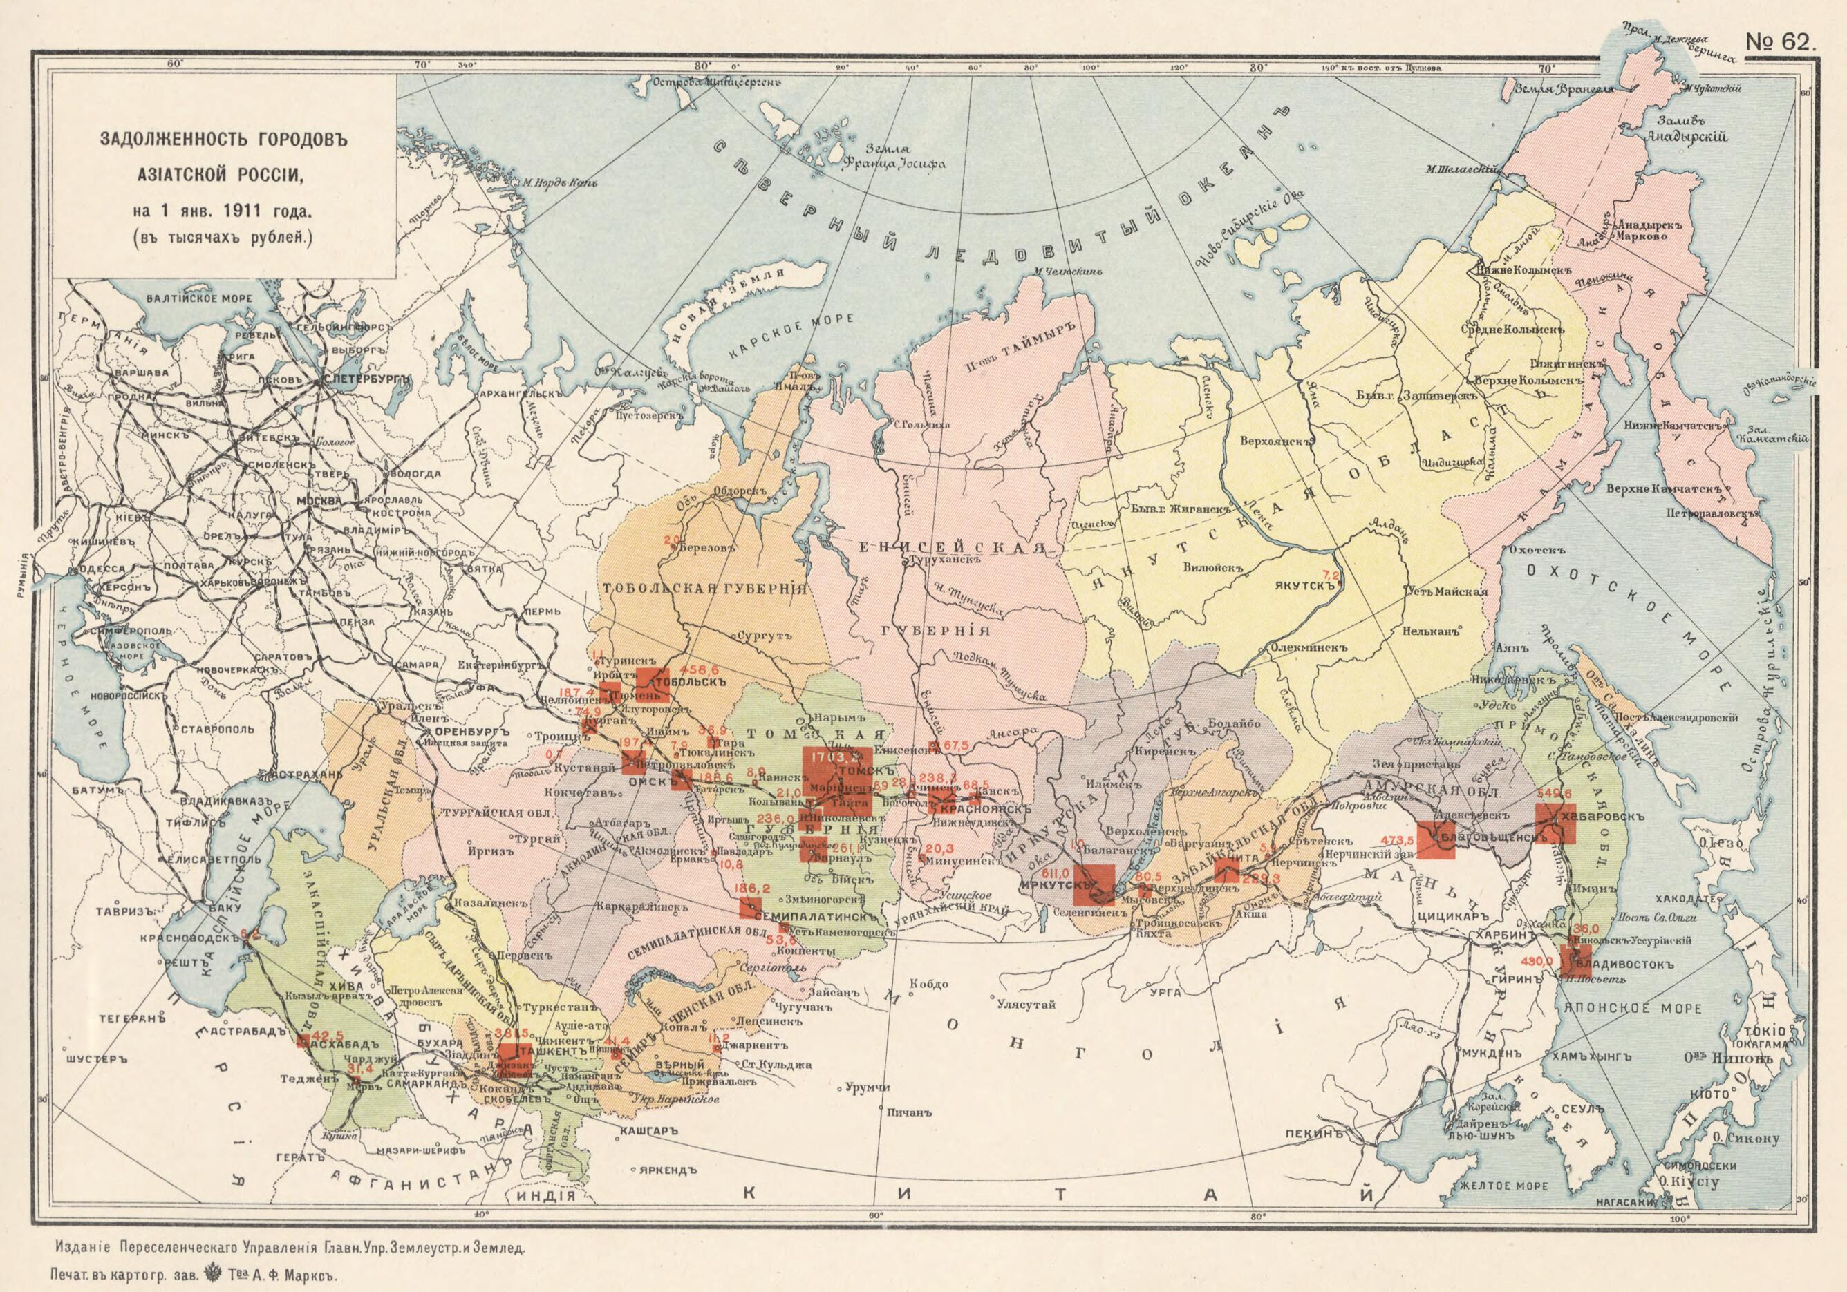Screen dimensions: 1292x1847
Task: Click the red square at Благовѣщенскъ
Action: [x=1436, y=839]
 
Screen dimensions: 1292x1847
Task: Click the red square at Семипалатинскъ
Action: [x=751, y=908]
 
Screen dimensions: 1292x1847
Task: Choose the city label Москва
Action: [x=319, y=500]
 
